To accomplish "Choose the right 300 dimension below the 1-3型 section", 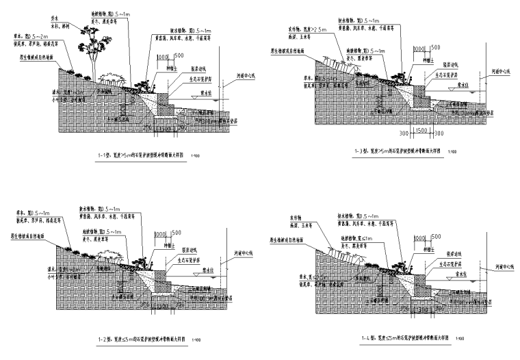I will click(438, 133).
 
